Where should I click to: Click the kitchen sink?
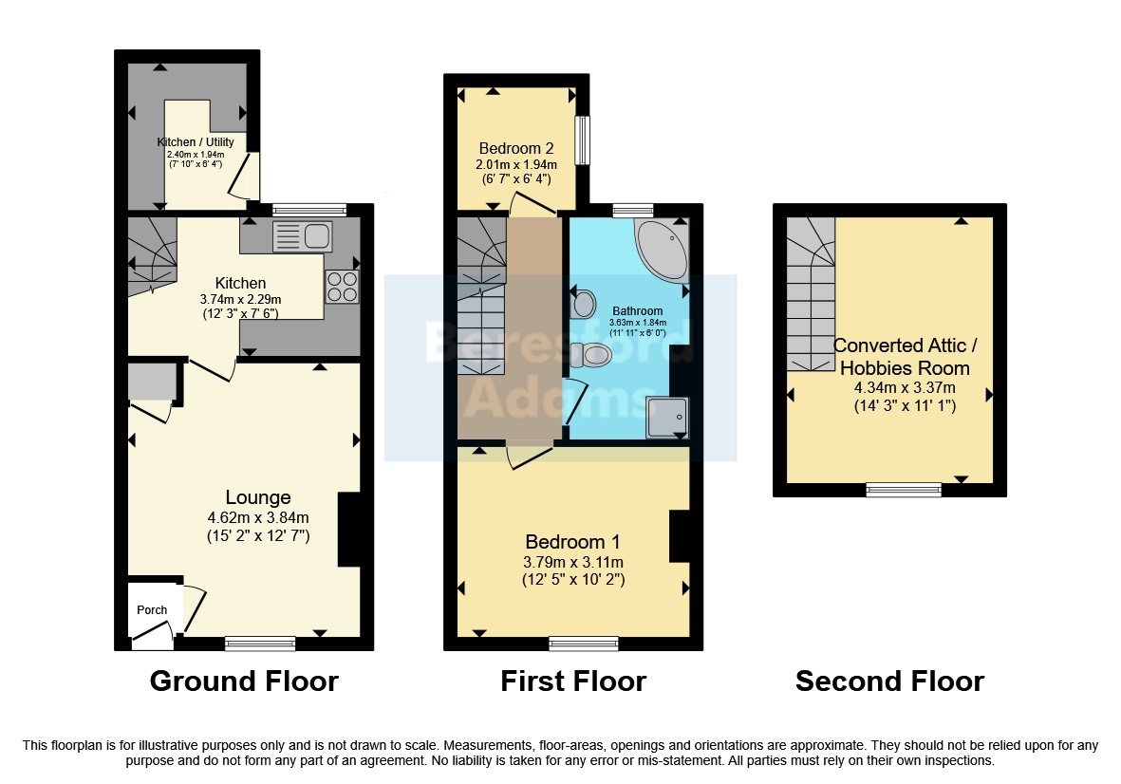point(302,236)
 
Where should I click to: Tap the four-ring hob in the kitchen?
point(342,287)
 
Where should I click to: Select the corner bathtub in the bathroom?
point(662,250)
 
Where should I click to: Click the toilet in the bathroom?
point(590,354)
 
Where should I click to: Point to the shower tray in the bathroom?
point(667,418)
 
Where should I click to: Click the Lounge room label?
point(258,497)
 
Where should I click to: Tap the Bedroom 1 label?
point(572,542)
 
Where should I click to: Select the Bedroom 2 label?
point(516,149)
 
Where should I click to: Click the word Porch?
point(152,609)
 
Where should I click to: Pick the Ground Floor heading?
point(244,681)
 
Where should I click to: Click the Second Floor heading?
point(889,681)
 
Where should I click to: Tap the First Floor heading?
point(573,681)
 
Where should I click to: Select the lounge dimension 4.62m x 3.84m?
point(258,517)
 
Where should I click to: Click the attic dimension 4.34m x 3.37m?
point(906,388)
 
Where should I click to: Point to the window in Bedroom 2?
point(584,140)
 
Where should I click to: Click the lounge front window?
point(260,644)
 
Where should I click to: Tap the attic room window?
point(904,490)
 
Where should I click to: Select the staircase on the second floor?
point(811,293)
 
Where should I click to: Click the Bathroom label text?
point(638,311)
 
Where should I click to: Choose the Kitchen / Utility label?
point(196,142)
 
